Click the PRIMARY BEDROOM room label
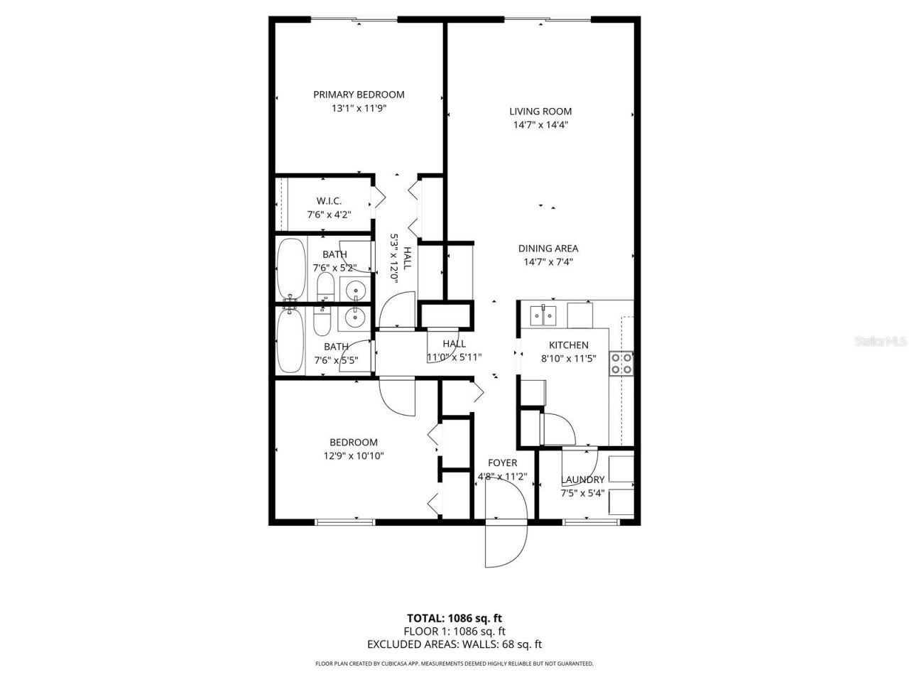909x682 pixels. [x=359, y=94]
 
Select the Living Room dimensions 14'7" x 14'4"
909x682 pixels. [x=540, y=125]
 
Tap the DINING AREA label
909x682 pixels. [x=548, y=248]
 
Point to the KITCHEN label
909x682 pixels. [x=568, y=345]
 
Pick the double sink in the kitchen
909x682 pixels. [x=543, y=314]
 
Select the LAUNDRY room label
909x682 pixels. [x=582, y=480]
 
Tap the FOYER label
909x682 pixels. [x=502, y=463]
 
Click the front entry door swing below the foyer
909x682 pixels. [x=505, y=543]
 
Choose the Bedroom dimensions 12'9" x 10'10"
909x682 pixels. [x=354, y=456]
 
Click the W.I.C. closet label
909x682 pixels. [x=329, y=201]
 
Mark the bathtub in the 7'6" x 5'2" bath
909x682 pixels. [x=290, y=269]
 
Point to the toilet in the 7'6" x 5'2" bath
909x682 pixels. [x=325, y=288]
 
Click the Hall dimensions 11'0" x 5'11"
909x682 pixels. [x=454, y=357]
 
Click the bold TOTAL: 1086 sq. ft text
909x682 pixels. [x=454, y=617]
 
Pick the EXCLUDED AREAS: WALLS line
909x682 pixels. [x=454, y=644]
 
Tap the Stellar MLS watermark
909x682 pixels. [x=880, y=342]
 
